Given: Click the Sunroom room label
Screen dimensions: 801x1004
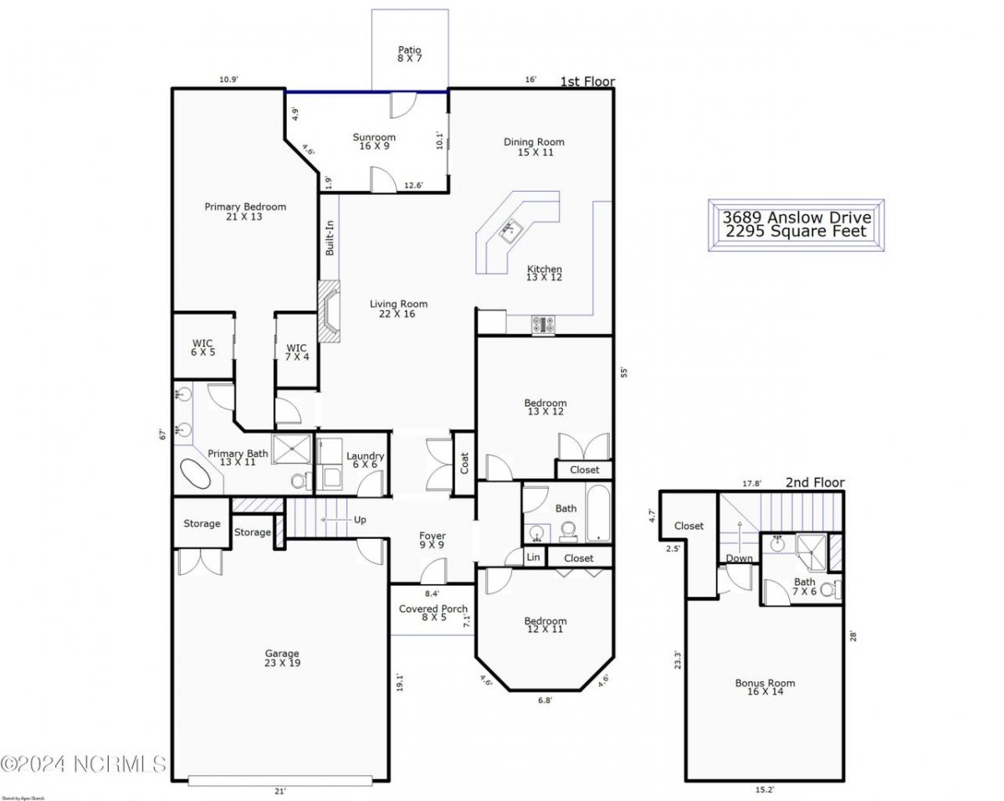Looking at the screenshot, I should (x=374, y=141).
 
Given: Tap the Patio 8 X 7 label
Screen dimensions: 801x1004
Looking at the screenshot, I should (x=409, y=54).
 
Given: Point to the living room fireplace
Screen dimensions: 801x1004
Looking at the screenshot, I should (x=330, y=311).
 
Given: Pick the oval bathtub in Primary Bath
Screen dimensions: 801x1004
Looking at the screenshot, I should (x=198, y=474).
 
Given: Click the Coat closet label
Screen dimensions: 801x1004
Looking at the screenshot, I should (x=464, y=464).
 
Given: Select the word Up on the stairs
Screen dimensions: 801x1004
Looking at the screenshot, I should (x=360, y=520).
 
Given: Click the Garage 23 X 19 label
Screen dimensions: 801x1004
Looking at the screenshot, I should (x=282, y=658).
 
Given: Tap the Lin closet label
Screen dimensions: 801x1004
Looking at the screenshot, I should (x=533, y=557).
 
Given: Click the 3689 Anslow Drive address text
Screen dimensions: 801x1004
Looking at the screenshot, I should (x=796, y=218).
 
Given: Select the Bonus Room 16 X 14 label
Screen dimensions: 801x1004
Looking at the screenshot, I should (x=765, y=688).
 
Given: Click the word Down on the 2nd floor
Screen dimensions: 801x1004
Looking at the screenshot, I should (x=739, y=558).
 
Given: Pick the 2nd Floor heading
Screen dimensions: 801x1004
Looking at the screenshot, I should (x=814, y=482).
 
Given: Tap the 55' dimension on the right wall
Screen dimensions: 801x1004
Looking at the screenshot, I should (x=623, y=373).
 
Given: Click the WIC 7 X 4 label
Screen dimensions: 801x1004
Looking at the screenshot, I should (x=296, y=352).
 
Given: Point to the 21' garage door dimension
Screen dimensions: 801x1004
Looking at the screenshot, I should (x=280, y=791).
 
